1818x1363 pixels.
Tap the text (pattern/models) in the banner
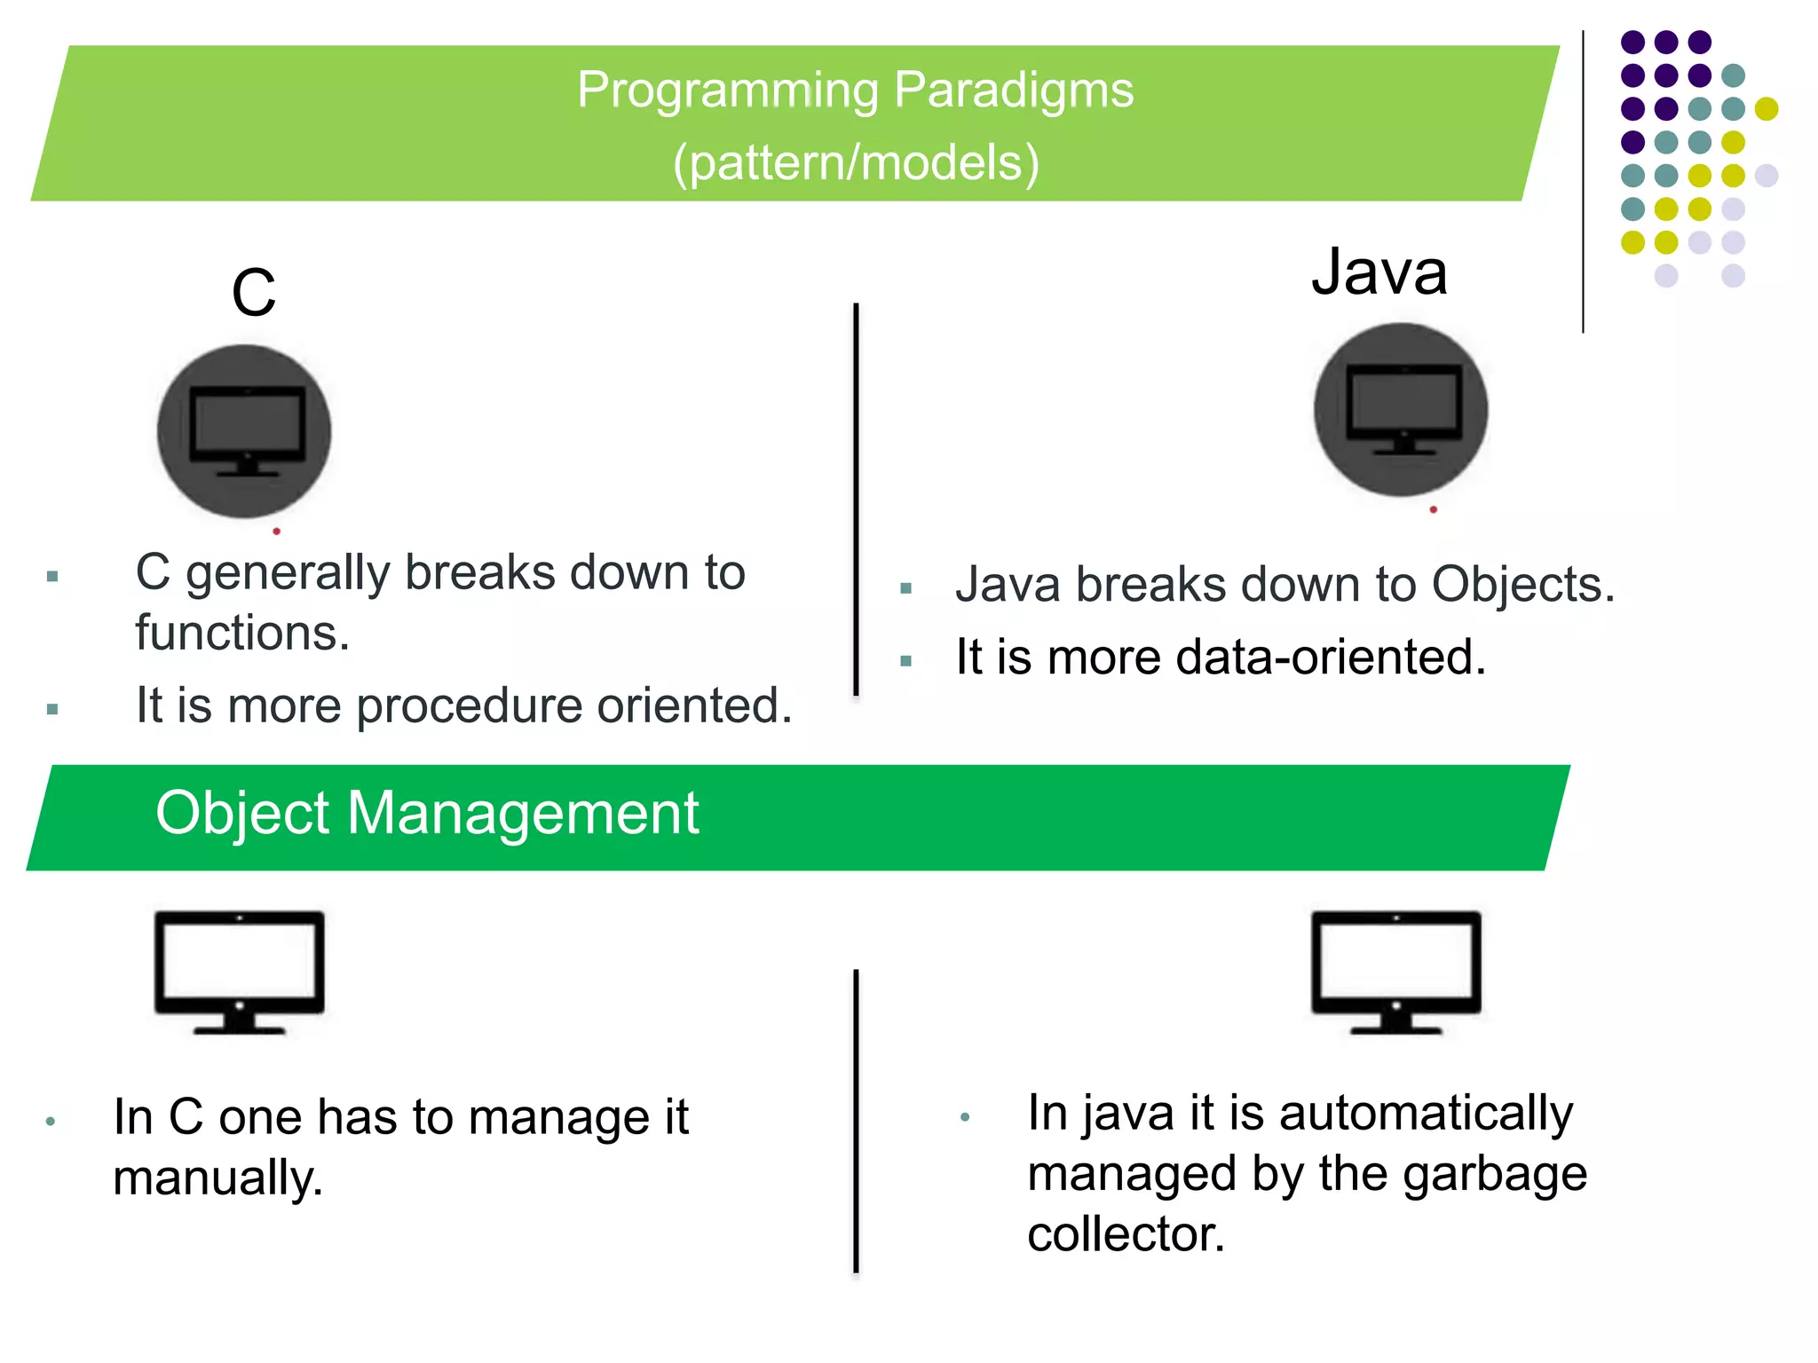[x=856, y=163]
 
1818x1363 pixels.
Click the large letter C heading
[x=254, y=293]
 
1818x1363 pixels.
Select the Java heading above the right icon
[x=1379, y=272]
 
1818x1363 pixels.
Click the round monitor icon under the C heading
[x=244, y=432]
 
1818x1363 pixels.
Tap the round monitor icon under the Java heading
[x=1401, y=410]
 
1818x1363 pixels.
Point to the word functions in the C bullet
[x=241, y=634]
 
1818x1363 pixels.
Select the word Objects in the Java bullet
[x=1522, y=586]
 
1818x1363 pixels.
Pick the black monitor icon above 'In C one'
[x=240, y=972]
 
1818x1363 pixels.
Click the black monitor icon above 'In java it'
[x=1396, y=972]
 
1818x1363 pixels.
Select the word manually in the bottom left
[x=217, y=1178]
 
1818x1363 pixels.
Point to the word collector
[x=1126, y=1234]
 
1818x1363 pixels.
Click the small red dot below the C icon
[x=277, y=532]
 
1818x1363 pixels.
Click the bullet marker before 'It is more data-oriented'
[x=906, y=661]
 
